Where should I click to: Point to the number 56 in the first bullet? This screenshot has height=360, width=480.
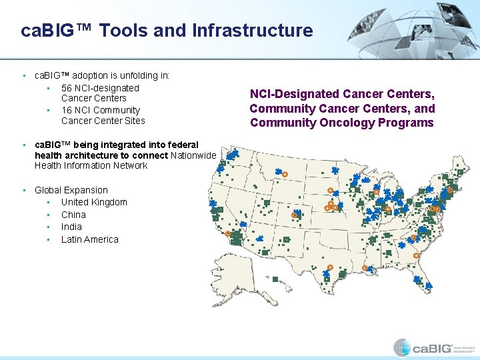[x=67, y=88]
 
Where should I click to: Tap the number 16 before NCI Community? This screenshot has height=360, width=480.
[x=67, y=110]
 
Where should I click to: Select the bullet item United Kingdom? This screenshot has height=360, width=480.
[x=94, y=202]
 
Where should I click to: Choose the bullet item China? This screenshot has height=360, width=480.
[x=73, y=215]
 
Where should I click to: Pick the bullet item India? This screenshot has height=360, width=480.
[x=71, y=227]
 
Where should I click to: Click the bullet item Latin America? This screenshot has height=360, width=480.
[x=89, y=239]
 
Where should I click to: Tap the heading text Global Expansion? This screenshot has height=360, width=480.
[x=71, y=190]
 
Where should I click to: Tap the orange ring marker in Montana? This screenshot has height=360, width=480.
[x=285, y=174]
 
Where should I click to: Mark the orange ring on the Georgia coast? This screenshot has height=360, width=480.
[x=417, y=255]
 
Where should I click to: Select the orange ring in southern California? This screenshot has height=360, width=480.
[x=229, y=234]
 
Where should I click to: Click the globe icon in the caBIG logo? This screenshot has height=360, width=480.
[x=401, y=347]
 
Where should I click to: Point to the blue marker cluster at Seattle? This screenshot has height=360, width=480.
[x=233, y=155]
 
